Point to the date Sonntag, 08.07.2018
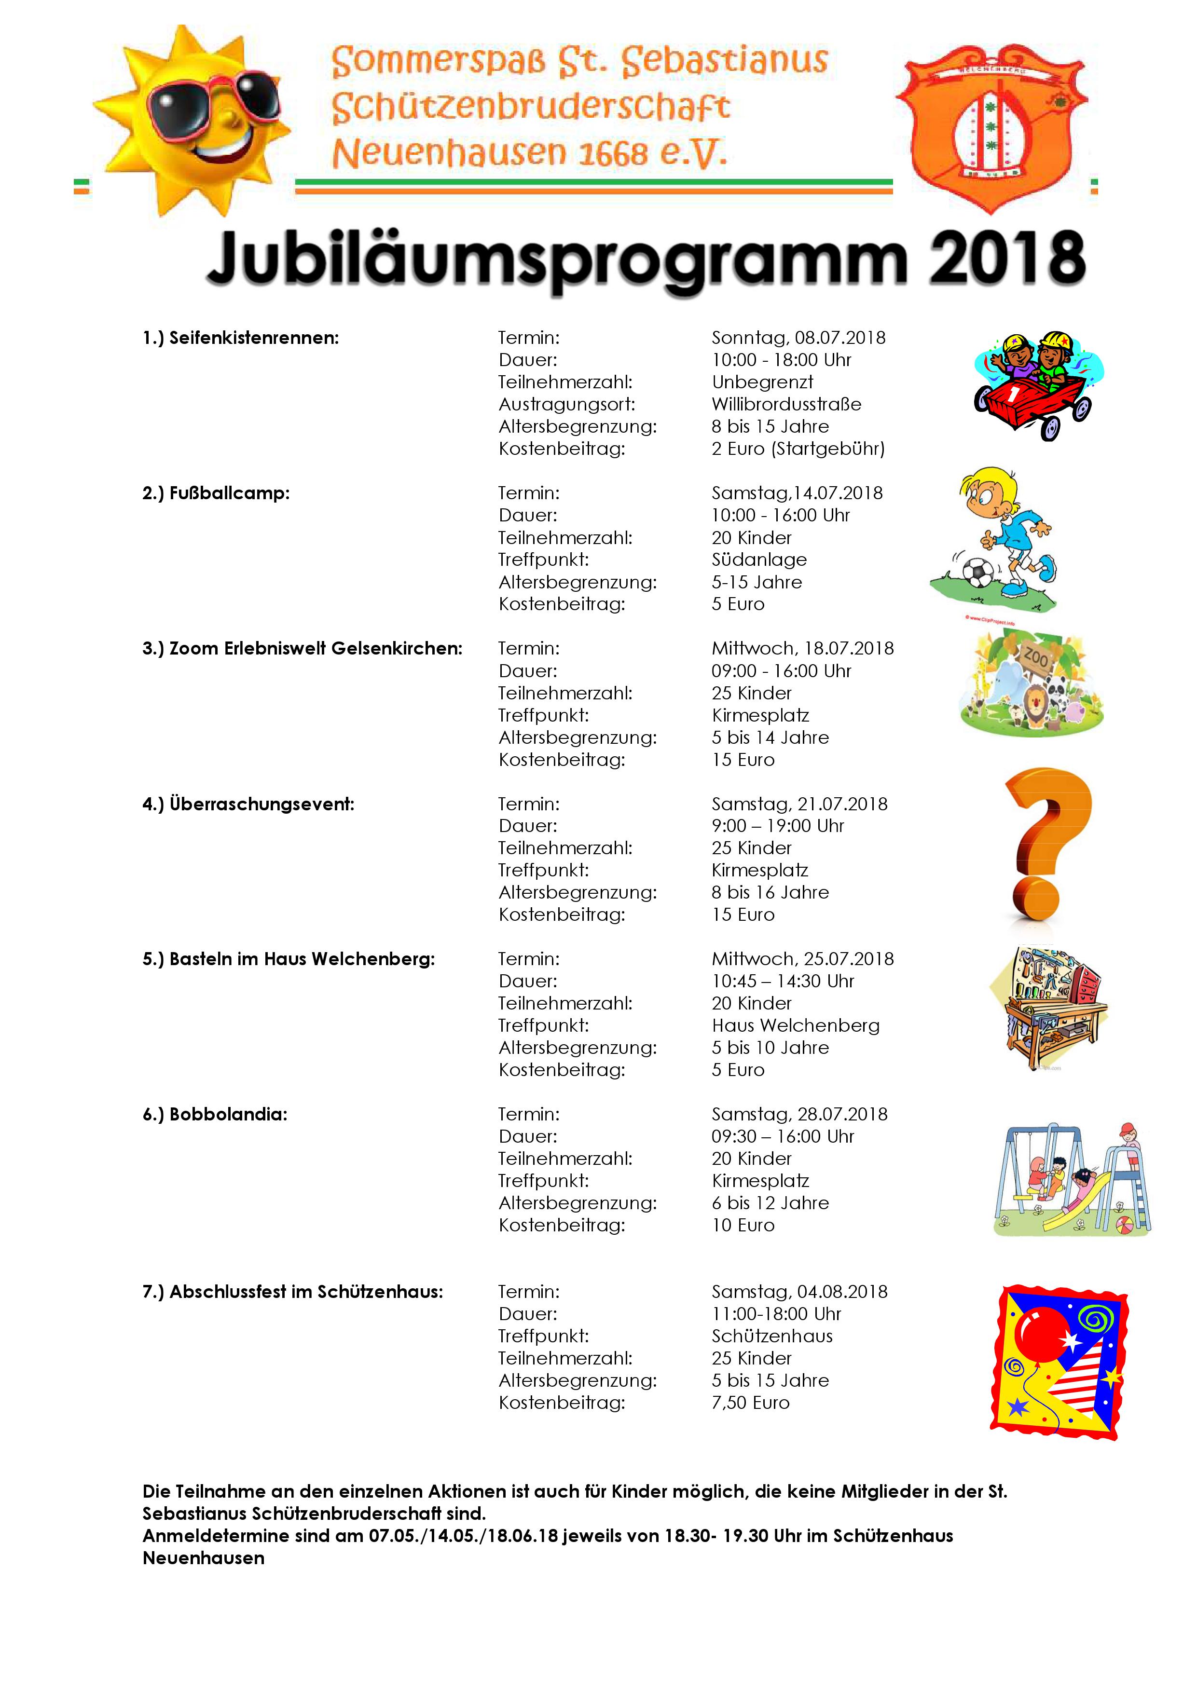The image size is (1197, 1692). click(798, 338)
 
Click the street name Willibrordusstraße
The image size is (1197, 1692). click(786, 405)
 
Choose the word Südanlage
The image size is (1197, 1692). click(759, 560)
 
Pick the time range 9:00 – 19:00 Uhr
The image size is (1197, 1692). click(778, 826)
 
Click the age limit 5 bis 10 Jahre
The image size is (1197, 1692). click(770, 1048)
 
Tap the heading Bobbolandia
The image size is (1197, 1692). click(228, 1114)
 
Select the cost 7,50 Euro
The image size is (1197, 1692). click(750, 1403)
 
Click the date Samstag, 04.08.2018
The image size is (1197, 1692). click(799, 1292)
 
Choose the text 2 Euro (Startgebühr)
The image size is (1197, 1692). click(798, 449)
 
